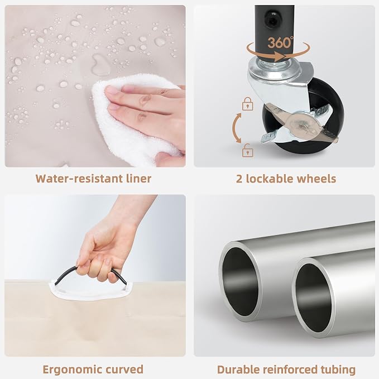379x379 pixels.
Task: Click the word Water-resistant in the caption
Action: pyautogui.click(x=79, y=179)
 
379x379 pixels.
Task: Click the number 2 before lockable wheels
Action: pyautogui.click(x=239, y=179)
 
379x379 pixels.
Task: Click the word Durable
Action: pyautogui.click(x=238, y=370)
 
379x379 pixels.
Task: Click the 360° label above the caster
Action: pyautogui.click(x=280, y=42)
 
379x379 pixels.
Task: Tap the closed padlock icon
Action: pyautogui.click(x=248, y=104)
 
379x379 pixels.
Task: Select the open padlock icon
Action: pyautogui.click(x=248, y=150)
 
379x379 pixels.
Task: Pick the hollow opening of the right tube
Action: pyautogui.click(x=313, y=298)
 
